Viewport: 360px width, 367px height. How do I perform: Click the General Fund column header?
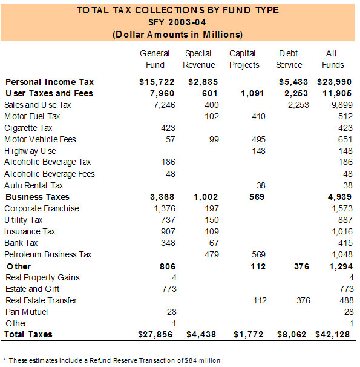pos(155,59)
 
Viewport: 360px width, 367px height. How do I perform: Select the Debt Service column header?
pos(289,59)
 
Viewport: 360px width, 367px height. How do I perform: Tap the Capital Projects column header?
pos(244,60)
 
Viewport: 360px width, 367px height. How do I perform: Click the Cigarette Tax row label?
pos(28,128)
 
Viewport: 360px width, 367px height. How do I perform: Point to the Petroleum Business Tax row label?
pos(48,254)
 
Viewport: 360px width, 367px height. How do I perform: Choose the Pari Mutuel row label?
pos(27,312)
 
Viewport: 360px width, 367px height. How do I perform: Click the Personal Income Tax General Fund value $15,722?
pos(157,82)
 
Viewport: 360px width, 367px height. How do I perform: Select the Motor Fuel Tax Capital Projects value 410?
pos(258,116)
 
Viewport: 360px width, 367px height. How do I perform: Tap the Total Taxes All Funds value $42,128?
pos(332,334)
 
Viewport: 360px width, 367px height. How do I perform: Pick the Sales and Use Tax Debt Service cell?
pos(298,105)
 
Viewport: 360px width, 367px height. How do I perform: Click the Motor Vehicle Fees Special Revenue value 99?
pos(214,139)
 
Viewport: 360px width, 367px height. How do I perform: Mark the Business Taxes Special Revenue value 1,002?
pos(206,197)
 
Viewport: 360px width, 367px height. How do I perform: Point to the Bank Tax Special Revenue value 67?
pos(214,243)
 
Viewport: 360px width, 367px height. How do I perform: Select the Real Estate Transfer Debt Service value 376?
pos(304,300)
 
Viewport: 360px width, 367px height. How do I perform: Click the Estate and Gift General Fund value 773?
pos(169,289)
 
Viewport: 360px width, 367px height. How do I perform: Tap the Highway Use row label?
pos(30,151)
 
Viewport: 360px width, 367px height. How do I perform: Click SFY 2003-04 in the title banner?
pos(177,22)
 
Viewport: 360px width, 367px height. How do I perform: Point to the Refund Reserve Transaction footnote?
pos(112,360)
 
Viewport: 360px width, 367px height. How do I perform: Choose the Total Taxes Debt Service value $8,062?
pos(292,334)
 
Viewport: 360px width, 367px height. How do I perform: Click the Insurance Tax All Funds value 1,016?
pos(342,231)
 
